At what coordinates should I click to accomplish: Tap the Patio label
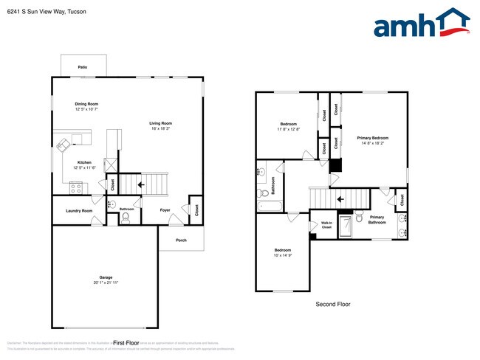tap(83, 67)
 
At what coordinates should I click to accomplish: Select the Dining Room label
tap(86, 104)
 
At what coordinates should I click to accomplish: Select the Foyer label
tap(165, 210)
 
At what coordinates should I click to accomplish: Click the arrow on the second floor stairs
tap(340, 198)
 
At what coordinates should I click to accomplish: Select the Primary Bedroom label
tap(373, 138)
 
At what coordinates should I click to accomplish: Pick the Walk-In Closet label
tap(326, 225)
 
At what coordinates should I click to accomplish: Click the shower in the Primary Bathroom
tap(345, 229)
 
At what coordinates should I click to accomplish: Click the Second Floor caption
tap(332, 304)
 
